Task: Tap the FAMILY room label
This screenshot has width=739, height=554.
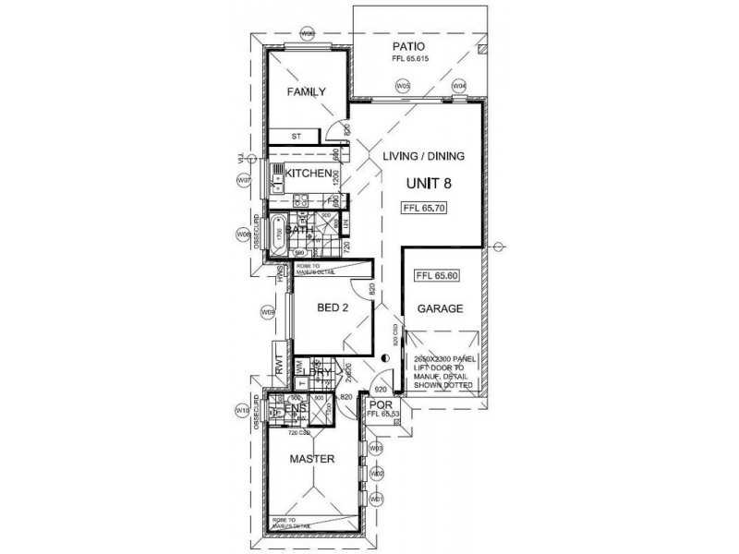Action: [306, 92]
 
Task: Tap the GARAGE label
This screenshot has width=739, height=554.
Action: [439, 309]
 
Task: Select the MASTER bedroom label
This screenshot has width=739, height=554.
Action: [311, 459]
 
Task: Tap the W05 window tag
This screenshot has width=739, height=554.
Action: [403, 86]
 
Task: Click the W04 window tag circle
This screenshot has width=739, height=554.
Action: [459, 86]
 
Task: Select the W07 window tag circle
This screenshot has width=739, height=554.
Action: [244, 181]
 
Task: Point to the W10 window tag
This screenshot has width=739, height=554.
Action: [243, 409]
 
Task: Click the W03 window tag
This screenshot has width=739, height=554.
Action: [376, 448]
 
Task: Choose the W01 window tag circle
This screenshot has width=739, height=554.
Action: [376, 499]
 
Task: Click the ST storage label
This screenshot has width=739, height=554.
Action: [296, 137]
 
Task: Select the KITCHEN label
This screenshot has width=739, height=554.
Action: [308, 174]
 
